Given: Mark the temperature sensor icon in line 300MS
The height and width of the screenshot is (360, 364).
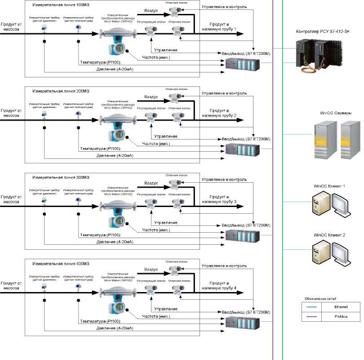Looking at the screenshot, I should click(x=78, y=200).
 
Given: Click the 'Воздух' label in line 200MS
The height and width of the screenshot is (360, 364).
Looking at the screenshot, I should click(x=151, y=96).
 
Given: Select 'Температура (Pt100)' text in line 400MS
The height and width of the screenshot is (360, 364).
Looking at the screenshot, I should click(x=100, y=321).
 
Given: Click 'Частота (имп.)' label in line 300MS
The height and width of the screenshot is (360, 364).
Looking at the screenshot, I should click(x=156, y=230).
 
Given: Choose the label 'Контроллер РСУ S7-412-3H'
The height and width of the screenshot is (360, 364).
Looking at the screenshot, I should click(x=323, y=31).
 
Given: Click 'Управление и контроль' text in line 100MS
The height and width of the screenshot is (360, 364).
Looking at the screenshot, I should click(x=223, y=7).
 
